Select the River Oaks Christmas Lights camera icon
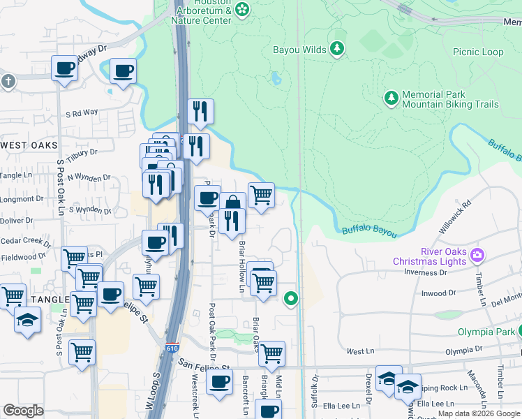click(x=477, y=253)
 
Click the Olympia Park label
click(x=486, y=332)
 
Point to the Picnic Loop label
click(x=477, y=52)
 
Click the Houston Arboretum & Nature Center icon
click(x=242, y=9)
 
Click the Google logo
click(x=23, y=411)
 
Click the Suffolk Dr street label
click(x=315, y=392)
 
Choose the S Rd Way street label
click(x=82, y=113)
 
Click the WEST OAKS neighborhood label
click(x=29, y=145)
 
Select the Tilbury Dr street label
click(x=82, y=152)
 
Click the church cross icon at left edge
click(x=8, y=82)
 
